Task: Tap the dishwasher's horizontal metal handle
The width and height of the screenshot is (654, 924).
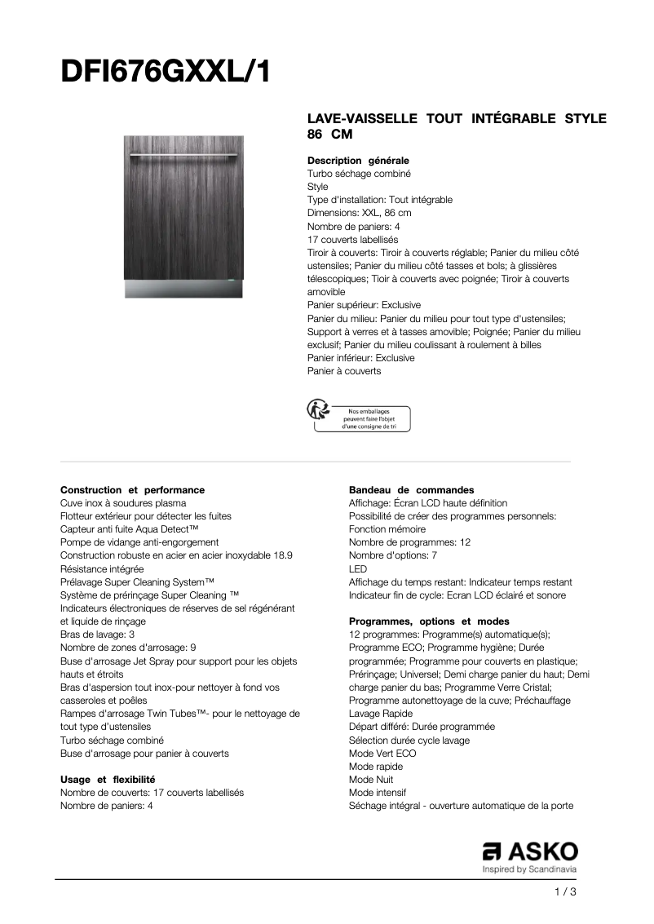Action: coord(183,154)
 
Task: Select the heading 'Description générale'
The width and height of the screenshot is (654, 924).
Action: coord(358,161)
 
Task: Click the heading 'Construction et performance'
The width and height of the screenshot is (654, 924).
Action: coord(132,490)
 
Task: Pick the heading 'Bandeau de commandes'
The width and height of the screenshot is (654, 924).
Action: coord(411,490)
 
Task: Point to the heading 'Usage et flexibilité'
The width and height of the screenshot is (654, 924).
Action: coord(108,780)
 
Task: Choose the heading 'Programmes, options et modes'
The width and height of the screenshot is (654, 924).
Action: coord(429,621)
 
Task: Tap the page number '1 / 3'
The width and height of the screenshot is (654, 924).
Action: coord(564,892)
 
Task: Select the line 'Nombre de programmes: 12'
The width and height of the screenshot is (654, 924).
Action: coord(409,542)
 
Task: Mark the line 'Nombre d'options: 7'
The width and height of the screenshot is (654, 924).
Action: coord(393,555)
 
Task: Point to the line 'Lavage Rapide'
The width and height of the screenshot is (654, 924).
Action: coord(381,714)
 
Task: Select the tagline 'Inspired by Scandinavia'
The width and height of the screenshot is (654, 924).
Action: coord(530,870)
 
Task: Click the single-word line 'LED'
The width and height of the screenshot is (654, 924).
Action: coord(358,568)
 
